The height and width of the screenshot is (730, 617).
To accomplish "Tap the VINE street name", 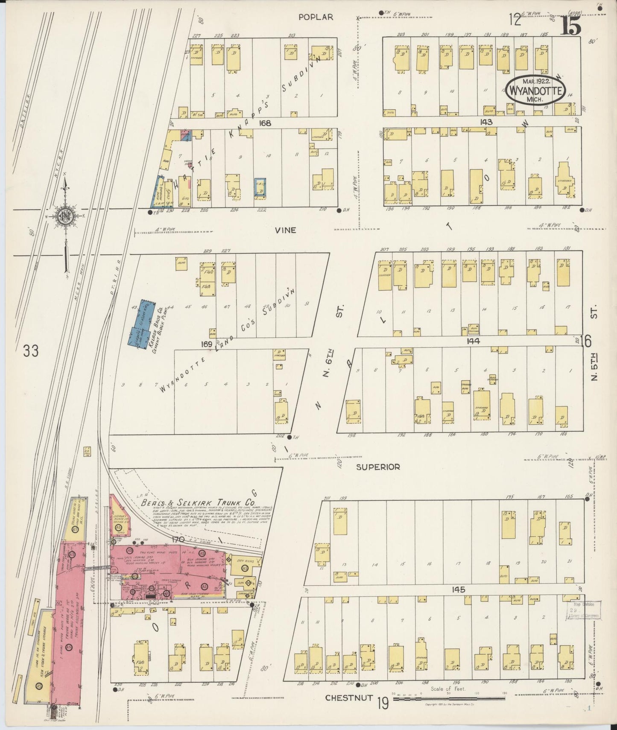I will (286, 230).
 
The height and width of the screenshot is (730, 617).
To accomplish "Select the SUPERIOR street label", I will (379, 467).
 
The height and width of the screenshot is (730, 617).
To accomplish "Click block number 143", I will (486, 122).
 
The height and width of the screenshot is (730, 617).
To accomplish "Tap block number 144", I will (474, 341).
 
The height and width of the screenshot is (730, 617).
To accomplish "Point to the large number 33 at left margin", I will (31, 351).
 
